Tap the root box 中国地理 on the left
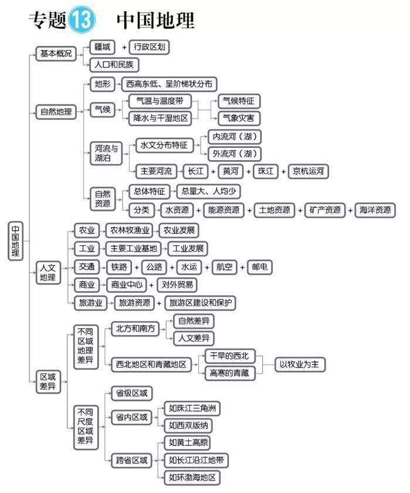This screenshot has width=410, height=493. (16, 241)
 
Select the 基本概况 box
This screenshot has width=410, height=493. (56, 53)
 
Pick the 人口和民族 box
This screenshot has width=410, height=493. (114, 65)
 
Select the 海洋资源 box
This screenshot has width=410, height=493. (375, 210)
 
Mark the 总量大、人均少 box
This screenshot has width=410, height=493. (208, 191)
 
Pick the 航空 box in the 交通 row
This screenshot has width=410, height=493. (224, 266)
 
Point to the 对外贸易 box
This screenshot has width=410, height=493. (177, 285)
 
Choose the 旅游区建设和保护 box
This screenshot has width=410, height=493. (201, 303)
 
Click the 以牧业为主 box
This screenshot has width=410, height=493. (300, 364)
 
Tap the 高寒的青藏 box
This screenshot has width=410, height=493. (229, 372)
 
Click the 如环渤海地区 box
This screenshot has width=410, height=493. (192, 477)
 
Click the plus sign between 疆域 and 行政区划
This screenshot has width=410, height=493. (124, 47)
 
